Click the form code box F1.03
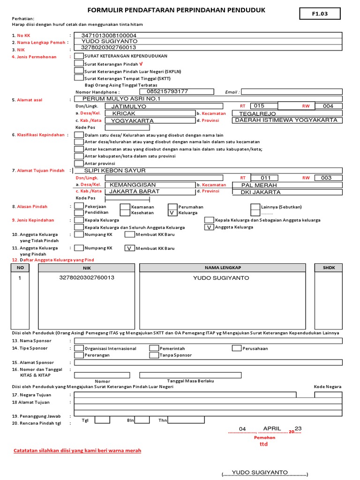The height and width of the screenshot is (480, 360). point(320,14)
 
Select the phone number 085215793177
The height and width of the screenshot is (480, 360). point(167,91)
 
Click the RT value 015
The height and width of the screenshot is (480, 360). point(259,106)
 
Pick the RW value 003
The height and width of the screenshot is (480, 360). point(326,178)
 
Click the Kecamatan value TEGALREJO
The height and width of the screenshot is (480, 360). point(257,113)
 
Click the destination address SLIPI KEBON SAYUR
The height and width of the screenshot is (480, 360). point(115,171)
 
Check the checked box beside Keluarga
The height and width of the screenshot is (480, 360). point(172,213)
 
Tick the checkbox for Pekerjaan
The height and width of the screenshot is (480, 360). point(79,206)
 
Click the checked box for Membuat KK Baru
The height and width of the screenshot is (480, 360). point(128,248)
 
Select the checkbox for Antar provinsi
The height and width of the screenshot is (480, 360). point(79,163)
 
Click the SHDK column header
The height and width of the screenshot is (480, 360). point(328,267)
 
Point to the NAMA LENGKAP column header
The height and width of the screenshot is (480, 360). point(223,267)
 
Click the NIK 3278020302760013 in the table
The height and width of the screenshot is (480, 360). point(87,277)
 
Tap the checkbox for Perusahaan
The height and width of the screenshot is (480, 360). point(237,348)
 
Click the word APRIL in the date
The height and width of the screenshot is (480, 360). point(272,428)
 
